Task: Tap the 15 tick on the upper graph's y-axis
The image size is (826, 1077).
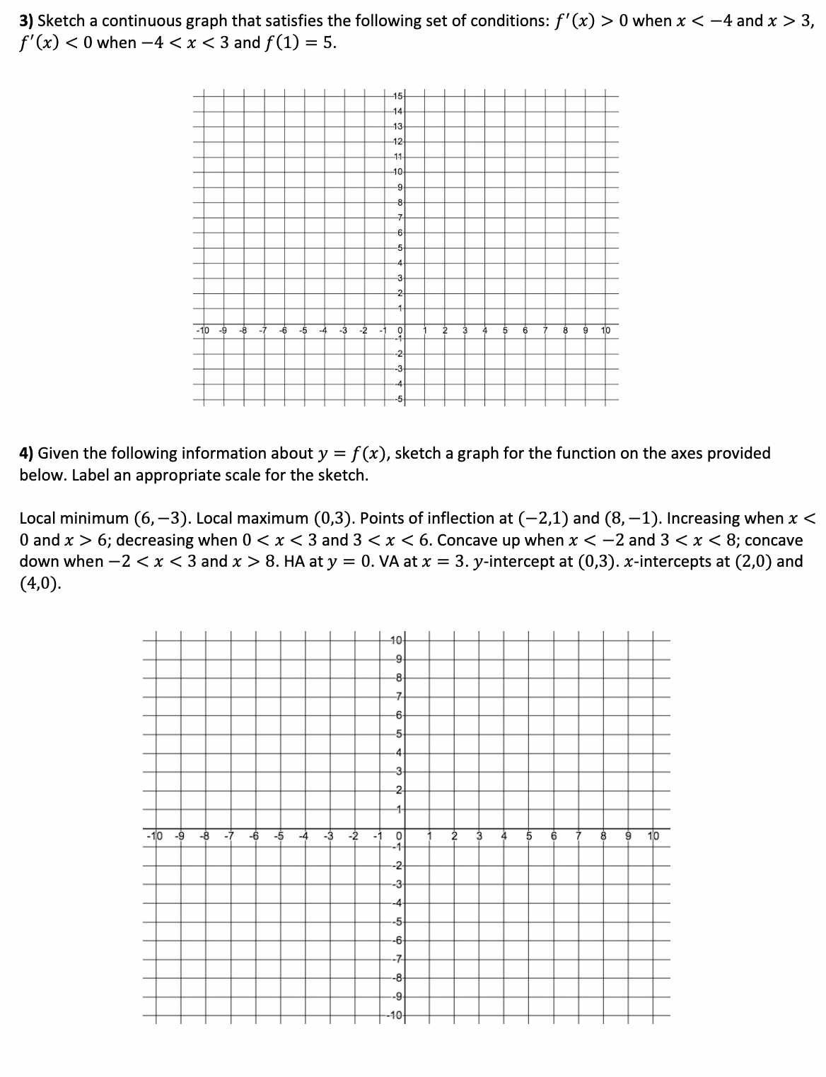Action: (397, 96)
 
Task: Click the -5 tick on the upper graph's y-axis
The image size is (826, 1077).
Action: (397, 399)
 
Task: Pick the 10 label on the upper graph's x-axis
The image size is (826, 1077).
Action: (605, 331)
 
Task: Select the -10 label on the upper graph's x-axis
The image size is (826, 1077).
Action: (202, 331)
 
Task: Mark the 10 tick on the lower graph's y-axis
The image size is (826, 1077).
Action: (397, 641)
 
